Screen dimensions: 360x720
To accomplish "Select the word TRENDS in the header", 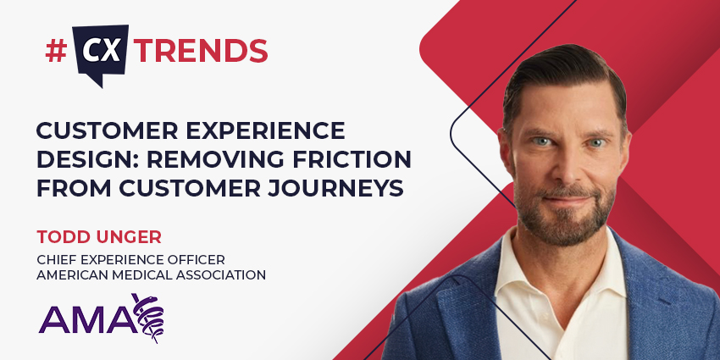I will [x=202, y=51].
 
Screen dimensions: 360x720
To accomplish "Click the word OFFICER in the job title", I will [x=194, y=258].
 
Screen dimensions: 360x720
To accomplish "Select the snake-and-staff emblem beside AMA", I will [x=151, y=315].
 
